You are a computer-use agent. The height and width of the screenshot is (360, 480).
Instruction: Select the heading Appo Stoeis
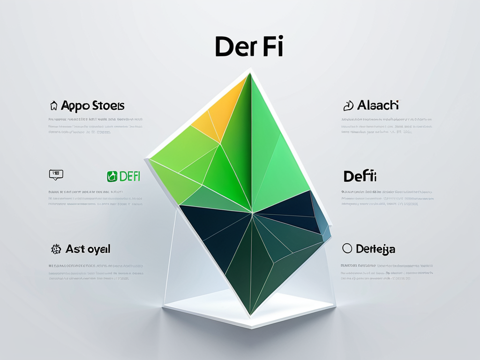[92, 105]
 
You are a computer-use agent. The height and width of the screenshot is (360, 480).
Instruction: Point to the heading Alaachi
[378, 105]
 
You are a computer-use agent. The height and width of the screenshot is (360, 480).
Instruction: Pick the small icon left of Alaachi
[348, 106]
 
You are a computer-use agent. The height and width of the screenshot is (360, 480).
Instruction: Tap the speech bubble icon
[56, 175]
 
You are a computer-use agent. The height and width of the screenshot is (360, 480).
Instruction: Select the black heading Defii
[360, 176]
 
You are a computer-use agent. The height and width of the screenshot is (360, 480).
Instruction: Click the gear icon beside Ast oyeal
[56, 249]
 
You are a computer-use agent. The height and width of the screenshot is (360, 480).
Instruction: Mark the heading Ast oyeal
[88, 249]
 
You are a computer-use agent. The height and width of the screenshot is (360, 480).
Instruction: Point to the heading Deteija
[375, 249]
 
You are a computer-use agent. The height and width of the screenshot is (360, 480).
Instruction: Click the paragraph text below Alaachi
[386, 126]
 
